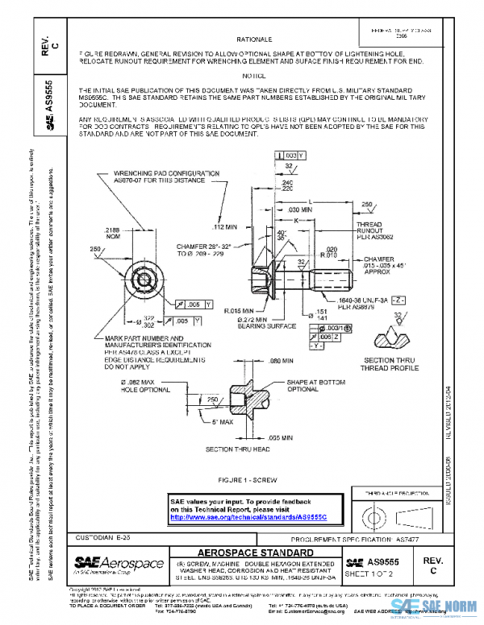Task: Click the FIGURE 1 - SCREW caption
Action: click(253, 479)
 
